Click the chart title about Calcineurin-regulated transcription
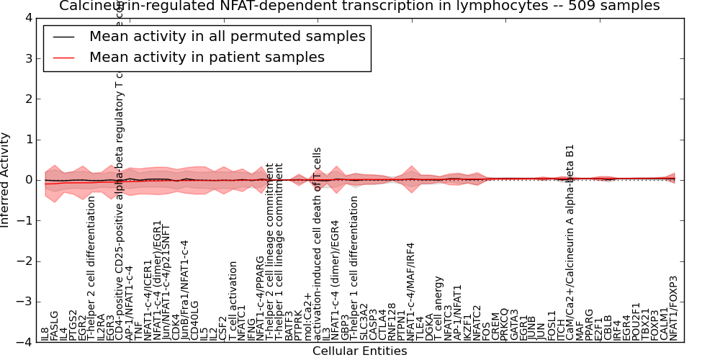(x=359, y=6)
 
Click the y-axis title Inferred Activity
(x=6, y=179)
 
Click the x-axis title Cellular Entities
(x=359, y=351)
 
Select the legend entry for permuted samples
(x=227, y=37)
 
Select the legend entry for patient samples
(x=207, y=58)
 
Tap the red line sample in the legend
(x=63, y=58)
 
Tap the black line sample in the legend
(x=63, y=37)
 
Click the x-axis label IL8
(x=45, y=333)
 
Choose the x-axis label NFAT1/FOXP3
(x=674, y=308)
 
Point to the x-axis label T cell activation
(x=233, y=302)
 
